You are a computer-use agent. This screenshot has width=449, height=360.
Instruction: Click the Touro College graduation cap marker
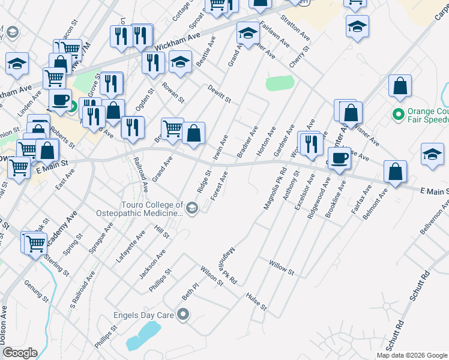coord(192,209)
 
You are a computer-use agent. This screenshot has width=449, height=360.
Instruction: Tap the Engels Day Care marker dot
coord(184,314)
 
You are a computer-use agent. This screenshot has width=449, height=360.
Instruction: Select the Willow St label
coord(281,268)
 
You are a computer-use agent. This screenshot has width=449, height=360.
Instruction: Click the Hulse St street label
coord(256,302)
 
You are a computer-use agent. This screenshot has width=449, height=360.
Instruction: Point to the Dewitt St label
coord(219,93)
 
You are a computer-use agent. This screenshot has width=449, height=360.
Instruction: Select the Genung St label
coord(36,289)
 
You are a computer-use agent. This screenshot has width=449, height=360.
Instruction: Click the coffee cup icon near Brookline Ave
coord(339,158)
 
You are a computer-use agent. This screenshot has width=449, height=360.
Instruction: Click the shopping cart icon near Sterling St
coord(35,243)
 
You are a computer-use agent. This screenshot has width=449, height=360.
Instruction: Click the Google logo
coord(20,353)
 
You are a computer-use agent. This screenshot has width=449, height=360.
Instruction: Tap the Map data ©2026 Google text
coord(411,355)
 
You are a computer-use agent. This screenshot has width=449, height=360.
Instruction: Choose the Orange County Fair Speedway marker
coord(397,113)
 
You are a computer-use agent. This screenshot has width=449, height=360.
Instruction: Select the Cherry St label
coord(298,57)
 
